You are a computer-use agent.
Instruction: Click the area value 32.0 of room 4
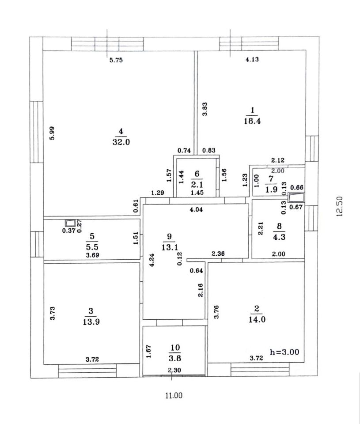coord(120,142)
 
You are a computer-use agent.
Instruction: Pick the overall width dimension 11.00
coord(174,395)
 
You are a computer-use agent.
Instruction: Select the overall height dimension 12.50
coord(339,205)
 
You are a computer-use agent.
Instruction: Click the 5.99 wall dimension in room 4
coord(52,133)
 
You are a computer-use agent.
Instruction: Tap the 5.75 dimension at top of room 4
coord(116,61)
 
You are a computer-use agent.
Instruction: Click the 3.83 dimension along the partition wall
coord(205,109)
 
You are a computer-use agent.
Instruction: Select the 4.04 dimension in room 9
coord(196,210)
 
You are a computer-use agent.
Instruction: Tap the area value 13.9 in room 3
coord(91,322)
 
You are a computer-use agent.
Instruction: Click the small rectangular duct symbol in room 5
coord(69,223)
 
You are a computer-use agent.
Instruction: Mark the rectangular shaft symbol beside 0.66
coord(296,197)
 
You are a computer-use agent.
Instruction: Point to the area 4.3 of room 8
coord(278,237)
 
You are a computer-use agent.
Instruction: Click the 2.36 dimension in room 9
coord(219,254)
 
